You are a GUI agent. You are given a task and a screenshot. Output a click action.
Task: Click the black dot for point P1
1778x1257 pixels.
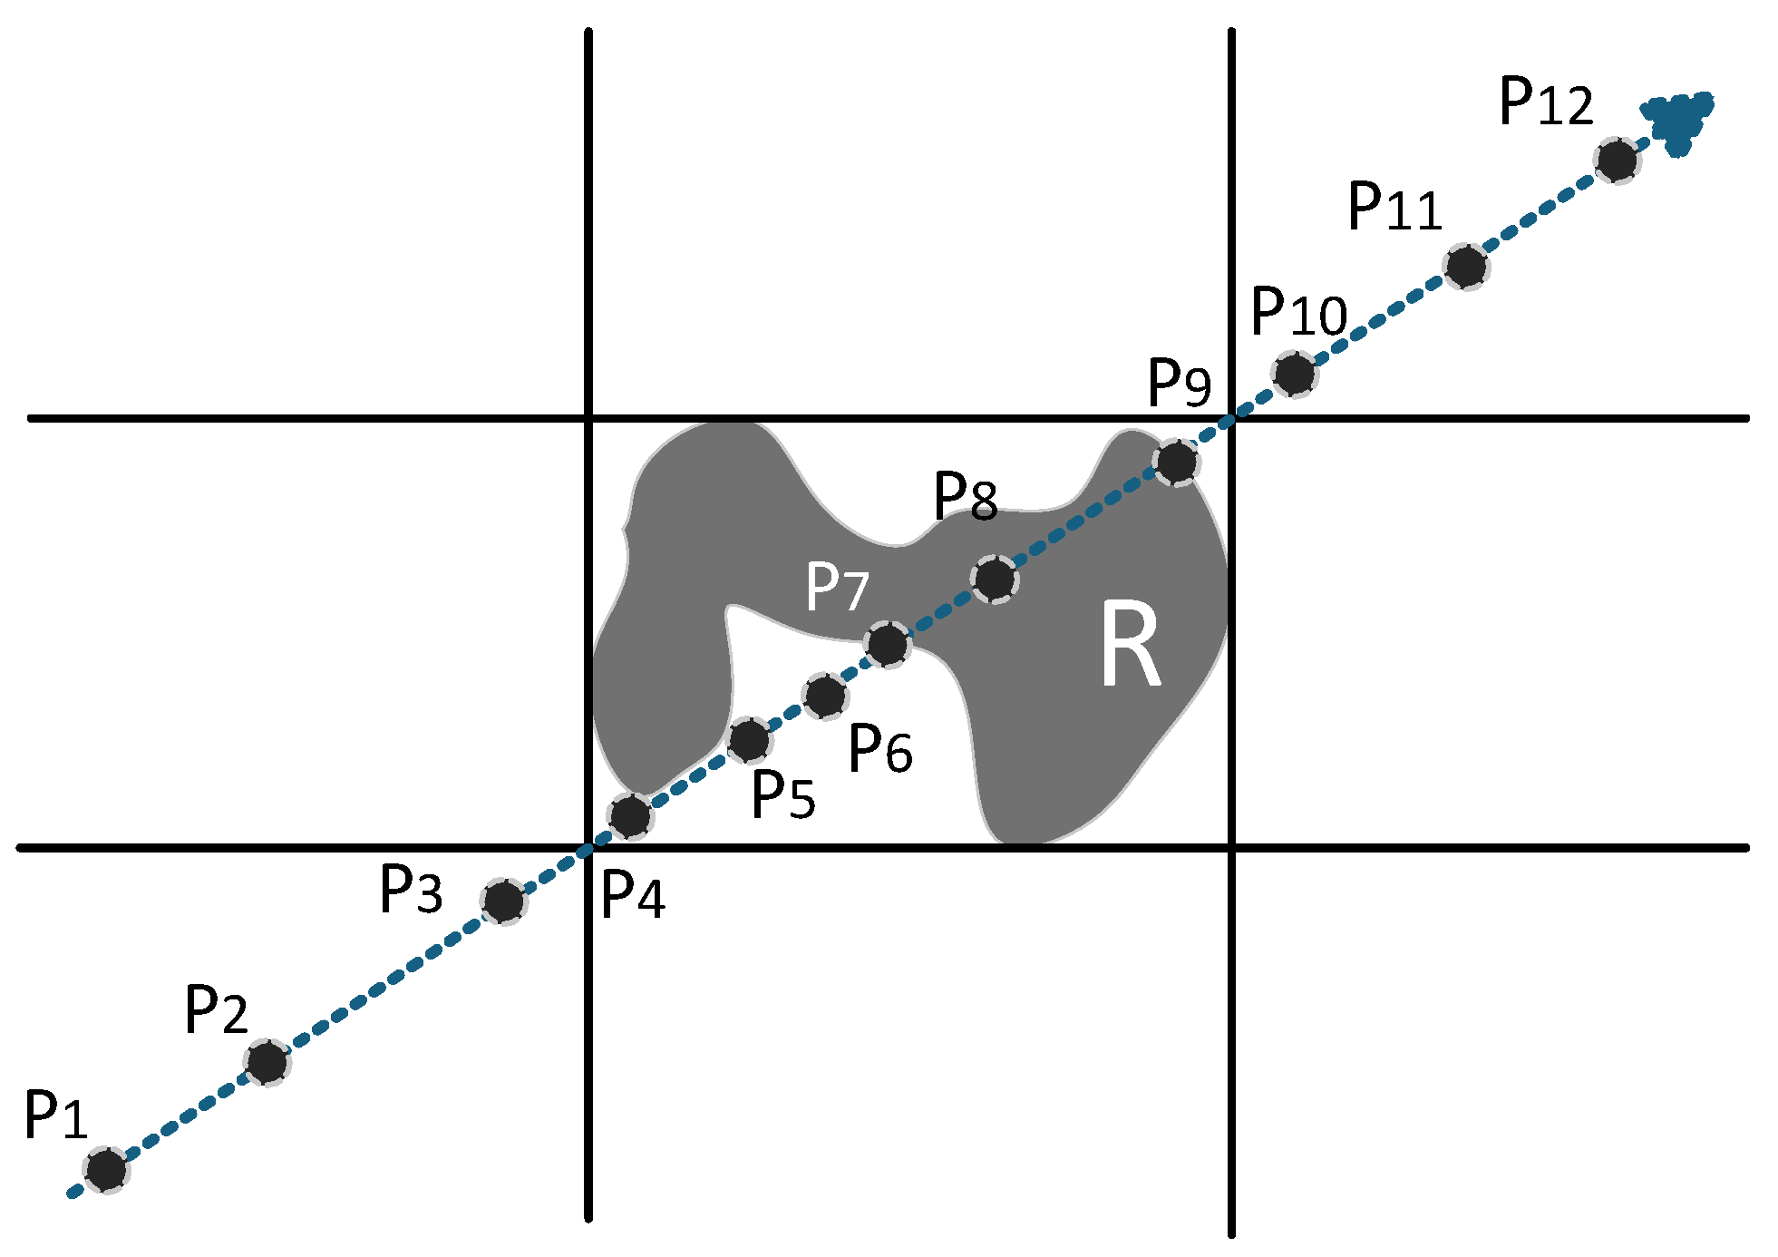[x=106, y=1169]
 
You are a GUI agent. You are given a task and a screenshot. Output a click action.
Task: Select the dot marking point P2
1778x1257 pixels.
[x=267, y=1062]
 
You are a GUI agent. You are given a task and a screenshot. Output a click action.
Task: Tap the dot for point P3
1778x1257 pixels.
[x=504, y=901]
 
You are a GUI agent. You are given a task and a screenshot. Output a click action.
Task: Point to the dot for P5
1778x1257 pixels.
[x=750, y=740]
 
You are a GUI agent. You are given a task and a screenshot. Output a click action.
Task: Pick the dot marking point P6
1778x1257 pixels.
[x=825, y=697]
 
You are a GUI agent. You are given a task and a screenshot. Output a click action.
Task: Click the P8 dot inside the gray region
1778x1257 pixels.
[x=995, y=579]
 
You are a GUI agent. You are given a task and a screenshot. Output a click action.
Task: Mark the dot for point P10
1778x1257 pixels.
[x=1295, y=373]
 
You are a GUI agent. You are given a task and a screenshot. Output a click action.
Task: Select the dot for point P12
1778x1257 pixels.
[x=1618, y=161]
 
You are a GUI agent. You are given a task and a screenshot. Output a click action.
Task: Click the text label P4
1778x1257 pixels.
[x=633, y=895]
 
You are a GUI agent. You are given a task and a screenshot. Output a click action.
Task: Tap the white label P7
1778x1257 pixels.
[x=837, y=588]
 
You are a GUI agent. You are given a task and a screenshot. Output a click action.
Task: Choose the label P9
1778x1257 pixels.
[x=1179, y=383]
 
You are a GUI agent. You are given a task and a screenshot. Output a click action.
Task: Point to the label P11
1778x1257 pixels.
[x=1394, y=207]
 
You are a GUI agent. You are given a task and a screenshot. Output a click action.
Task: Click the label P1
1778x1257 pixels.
[x=55, y=1116]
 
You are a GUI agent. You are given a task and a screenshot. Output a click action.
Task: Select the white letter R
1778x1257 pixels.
[x=1131, y=646]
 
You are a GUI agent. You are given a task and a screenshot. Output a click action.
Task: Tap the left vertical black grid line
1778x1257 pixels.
[x=589, y=227]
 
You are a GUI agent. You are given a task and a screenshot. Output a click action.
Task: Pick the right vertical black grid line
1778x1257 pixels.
[x=1231, y=227]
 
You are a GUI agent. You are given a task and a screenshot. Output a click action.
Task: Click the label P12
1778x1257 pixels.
[x=1546, y=102]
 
